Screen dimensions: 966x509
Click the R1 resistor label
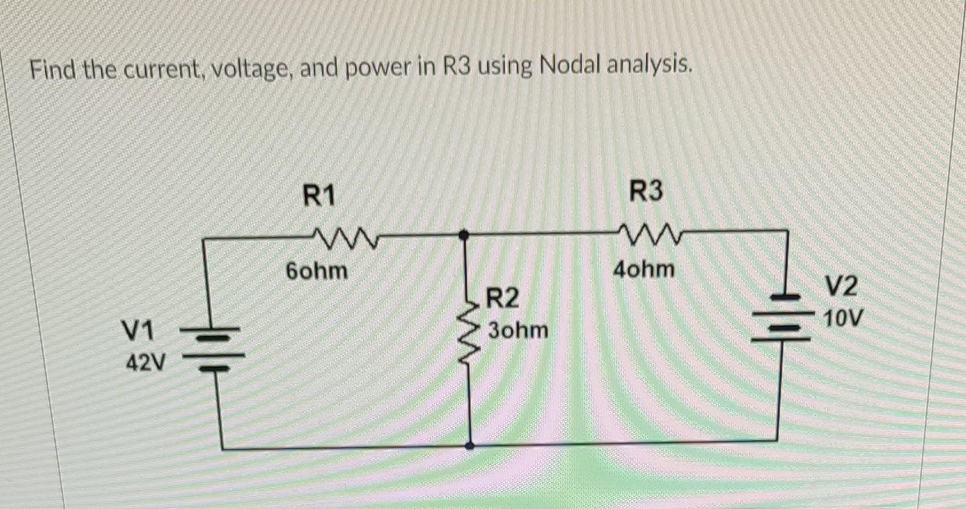pyautogui.click(x=318, y=196)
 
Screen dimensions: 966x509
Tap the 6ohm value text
pyautogui.click(x=317, y=271)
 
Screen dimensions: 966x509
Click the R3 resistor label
pyautogui.click(x=646, y=191)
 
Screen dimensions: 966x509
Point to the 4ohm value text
pyautogui.click(x=644, y=269)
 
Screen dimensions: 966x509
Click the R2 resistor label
pyautogui.click(x=503, y=298)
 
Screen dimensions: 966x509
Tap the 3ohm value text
pyautogui.click(x=518, y=330)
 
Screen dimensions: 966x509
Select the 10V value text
pyautogui.click(x=842, y=318)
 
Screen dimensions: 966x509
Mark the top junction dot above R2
pyautogui.click(x=465, y=234)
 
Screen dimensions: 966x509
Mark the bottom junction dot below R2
pyautogui.click(x=470, y=445)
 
